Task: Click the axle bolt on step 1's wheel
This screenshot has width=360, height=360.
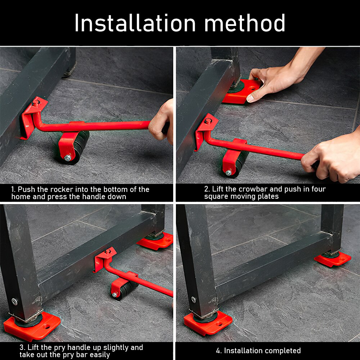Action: point(67,157)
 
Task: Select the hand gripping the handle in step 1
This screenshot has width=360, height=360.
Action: point(162,121)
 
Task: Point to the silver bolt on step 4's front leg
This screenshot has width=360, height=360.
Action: point(194,300)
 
